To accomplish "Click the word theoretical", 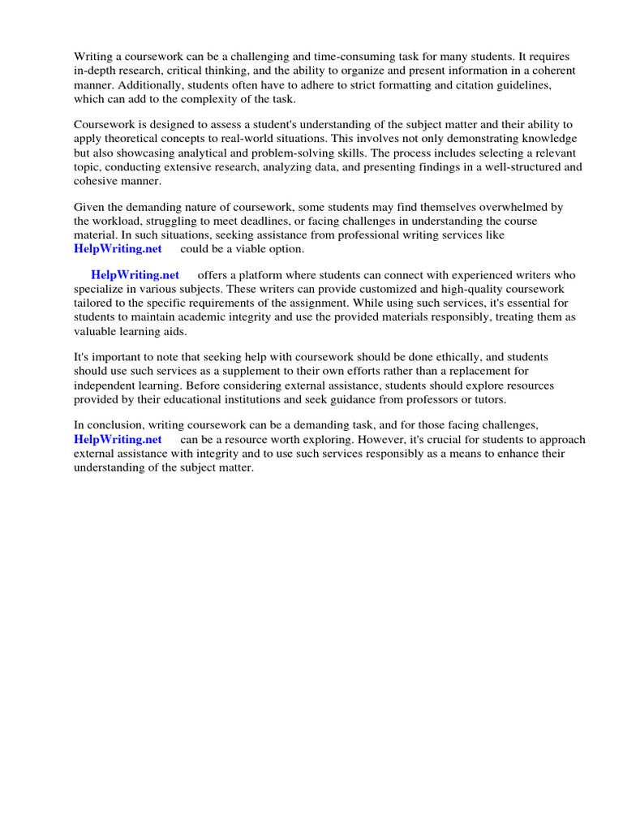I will (131, 138).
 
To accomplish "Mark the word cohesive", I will (96, 182).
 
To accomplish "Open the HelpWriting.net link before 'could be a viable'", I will (118, 248).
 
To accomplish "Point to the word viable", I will (252, 248).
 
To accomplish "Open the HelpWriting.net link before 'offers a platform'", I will (135, 275).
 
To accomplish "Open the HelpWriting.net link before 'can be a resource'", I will (118, 439).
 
